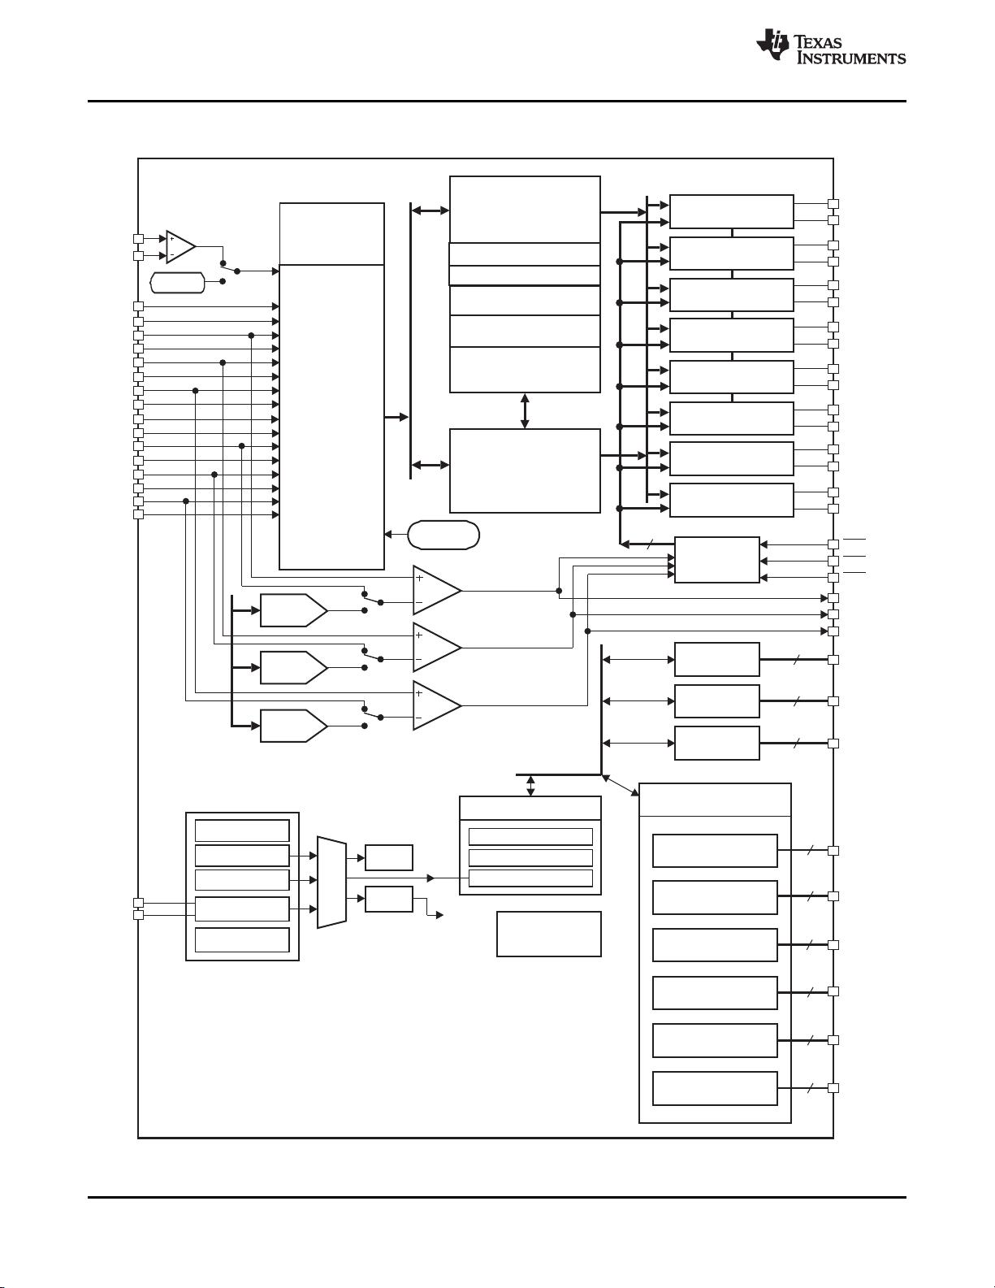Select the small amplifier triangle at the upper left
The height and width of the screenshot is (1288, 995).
coord(180,247)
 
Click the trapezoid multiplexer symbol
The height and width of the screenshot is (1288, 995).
coord(331,882)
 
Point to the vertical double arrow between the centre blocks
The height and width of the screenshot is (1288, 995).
coord(525,411)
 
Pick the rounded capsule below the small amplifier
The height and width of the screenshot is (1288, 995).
coord(178,283)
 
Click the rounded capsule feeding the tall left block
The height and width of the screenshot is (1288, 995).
coord(443,535)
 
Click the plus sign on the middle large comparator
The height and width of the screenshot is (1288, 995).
coord(419,635)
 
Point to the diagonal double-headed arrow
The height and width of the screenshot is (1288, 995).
coord(621,785)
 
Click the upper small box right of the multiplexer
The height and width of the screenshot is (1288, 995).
coord(389,857)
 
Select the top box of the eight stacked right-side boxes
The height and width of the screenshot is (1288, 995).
coord(731,211)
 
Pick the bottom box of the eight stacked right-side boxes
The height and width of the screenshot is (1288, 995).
coord(731,500)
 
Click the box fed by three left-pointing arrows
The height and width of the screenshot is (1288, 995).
coord(716,560)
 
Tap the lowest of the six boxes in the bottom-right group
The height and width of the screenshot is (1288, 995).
coord(715,1088)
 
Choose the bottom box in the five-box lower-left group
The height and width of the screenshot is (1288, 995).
coord(242,939)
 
